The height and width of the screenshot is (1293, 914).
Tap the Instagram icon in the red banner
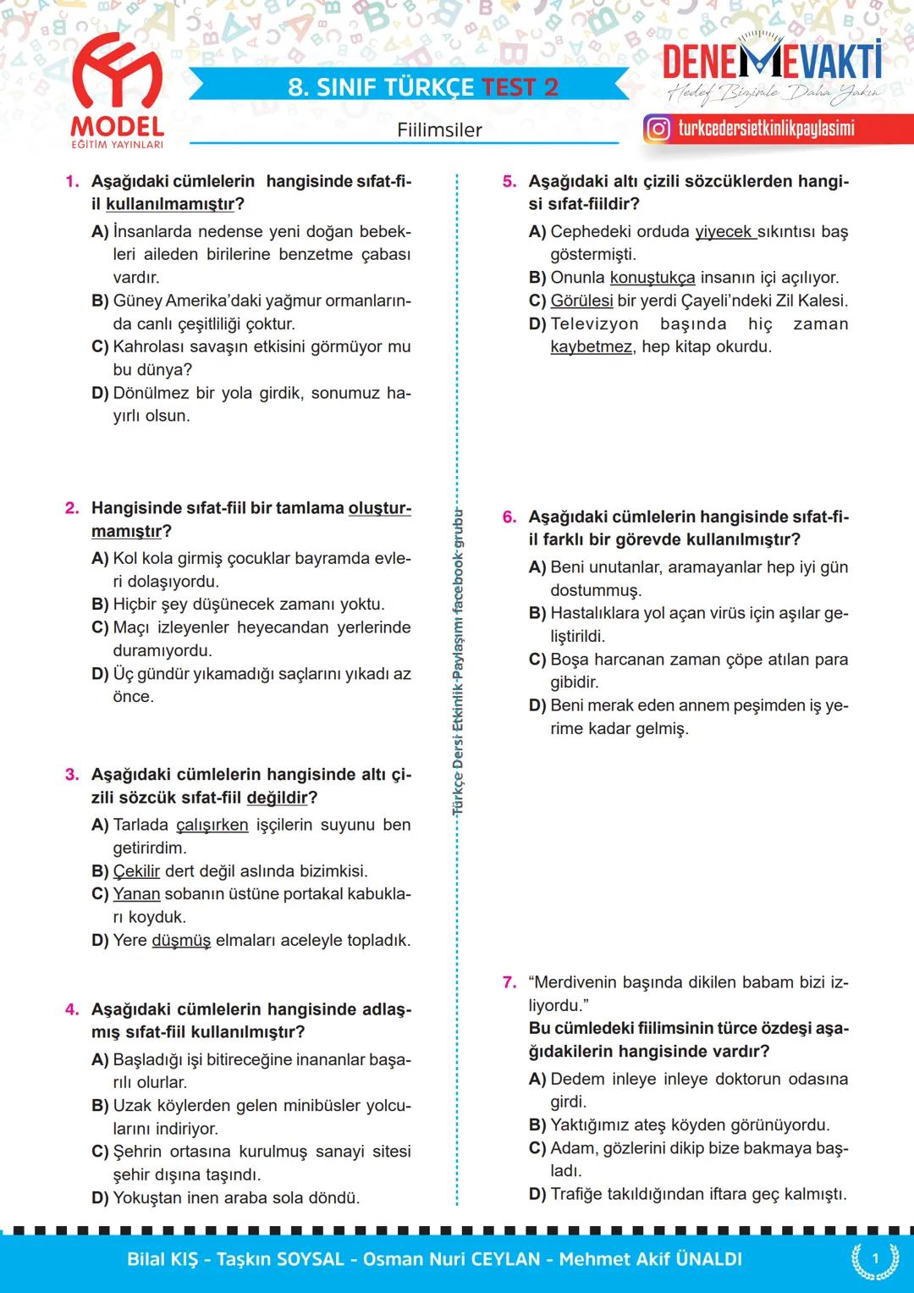point(658,129)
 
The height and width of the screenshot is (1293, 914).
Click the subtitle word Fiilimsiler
point(439,130)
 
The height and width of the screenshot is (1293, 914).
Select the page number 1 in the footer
point(875,1259)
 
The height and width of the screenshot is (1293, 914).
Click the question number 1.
point(72,181)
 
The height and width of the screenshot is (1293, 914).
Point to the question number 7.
point(509,982)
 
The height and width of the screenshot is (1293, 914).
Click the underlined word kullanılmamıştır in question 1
point(169,204)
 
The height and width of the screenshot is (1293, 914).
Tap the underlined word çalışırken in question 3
point(212,825)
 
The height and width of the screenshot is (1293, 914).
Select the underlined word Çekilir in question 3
point(136,871)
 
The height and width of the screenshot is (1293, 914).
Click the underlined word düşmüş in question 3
point(181,941)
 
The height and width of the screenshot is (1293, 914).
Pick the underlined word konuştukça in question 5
point(652,278)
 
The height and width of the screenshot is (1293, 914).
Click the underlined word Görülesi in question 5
point(581,301)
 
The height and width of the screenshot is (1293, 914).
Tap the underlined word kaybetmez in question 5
point(591,347)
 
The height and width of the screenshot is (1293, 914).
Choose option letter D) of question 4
point(100,1198)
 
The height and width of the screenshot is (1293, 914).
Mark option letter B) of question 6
point(537,613)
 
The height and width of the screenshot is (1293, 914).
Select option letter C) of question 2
point(100,627)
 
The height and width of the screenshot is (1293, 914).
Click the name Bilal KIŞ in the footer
point(162,1259)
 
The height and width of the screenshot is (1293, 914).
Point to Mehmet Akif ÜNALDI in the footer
point(650,1259)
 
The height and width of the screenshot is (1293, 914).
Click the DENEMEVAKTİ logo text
point(771,62)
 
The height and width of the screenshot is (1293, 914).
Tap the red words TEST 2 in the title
point(520,87)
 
